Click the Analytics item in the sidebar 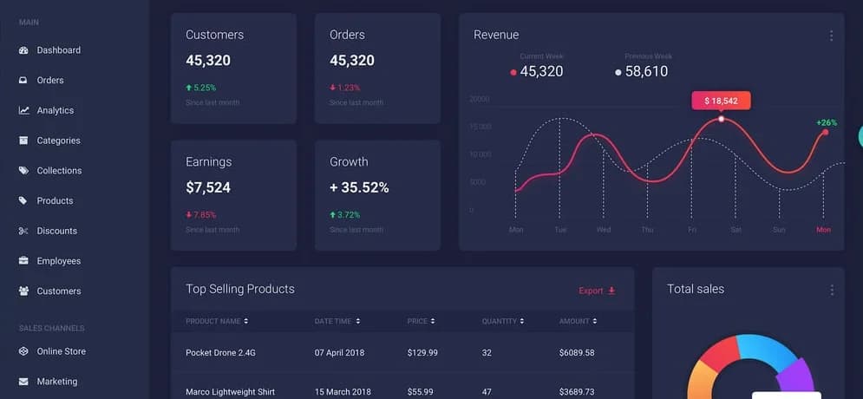(55, 110)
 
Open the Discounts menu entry (56, 231)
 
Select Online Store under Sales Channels (61, 351)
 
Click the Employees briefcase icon (23, 261)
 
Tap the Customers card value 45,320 (208, 61)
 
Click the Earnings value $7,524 (208, 187)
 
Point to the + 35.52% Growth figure (359, 187)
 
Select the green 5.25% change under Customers (205, 88)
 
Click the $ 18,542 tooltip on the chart (721, 101)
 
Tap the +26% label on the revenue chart (827, 122)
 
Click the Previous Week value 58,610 (646, 71)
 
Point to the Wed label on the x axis (604, 230)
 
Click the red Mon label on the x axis (823, 230)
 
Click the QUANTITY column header (500, 321)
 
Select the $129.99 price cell (422, 353)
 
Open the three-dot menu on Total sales (832, 290)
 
